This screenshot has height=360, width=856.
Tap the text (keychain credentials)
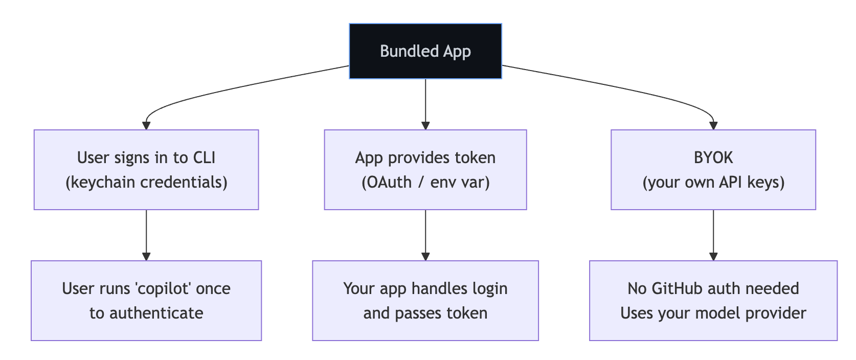click(146, 182)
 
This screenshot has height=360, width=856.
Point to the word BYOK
click(713, 157)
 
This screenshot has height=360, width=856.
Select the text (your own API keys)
click(713, 182)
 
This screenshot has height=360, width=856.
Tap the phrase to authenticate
click(146, 313)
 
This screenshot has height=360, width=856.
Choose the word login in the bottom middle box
click(490, 288)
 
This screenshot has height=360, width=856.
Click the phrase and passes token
click(425, 313)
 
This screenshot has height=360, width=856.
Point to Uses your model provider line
click(713, 313)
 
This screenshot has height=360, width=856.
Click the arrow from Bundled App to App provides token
click(425, 102)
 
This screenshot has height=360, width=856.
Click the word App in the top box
click(457, 51)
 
